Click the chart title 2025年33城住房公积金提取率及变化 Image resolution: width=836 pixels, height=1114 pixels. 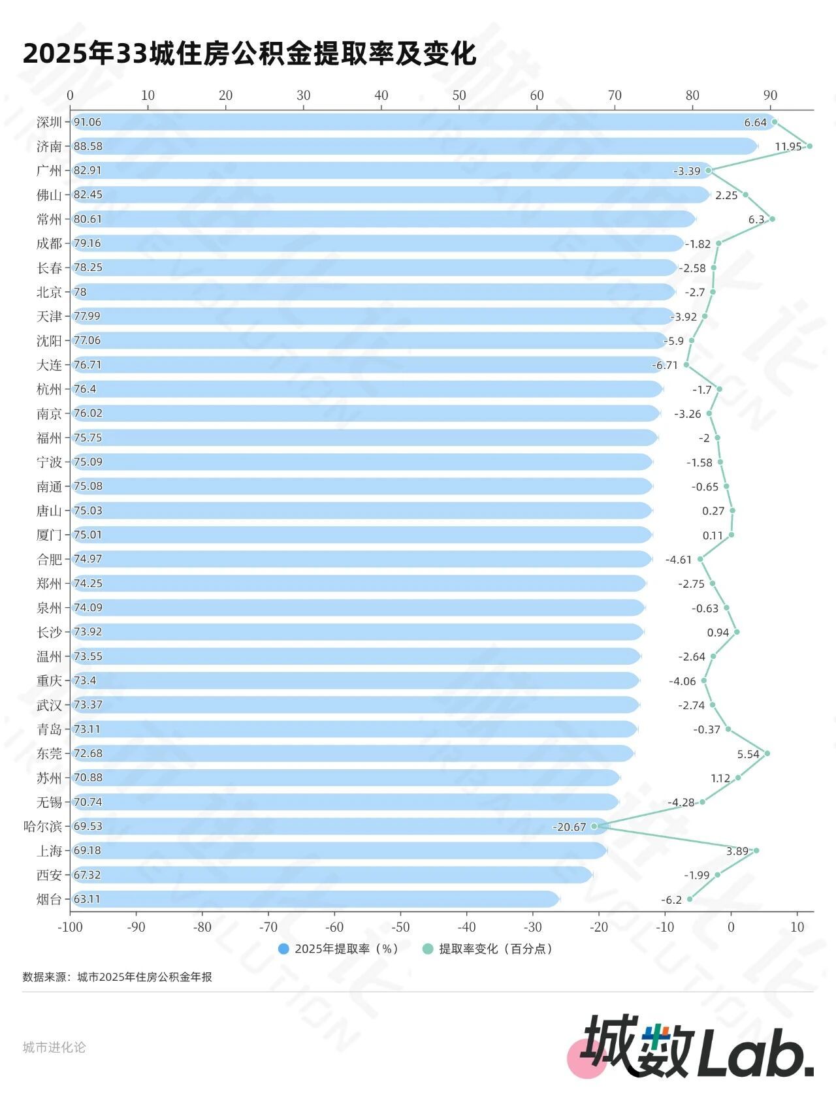[x=249, y=54]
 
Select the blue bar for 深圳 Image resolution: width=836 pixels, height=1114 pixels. [x=418, y=122]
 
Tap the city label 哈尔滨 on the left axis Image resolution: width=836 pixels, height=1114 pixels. [x=42, y=826]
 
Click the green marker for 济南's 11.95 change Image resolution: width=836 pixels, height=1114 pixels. [x=809, y=146]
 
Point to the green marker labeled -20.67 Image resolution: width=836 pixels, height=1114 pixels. [x=594, y=826]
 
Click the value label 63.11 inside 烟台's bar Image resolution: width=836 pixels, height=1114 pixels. [x=87, y=899]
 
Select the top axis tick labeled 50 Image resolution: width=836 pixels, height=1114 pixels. [x=459, y=95]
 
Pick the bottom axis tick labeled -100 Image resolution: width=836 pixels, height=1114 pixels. [x=70, y=927]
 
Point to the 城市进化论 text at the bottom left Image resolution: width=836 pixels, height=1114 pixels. [x=54, y=1047]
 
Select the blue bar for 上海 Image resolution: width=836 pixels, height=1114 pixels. [x=340, y=850]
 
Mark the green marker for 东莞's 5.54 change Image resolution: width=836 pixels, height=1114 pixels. [x=767, y=754]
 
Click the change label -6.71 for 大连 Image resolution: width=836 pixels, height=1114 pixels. [x=665, y=365]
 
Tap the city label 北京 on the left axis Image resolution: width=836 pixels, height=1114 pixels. [x=49, y=292]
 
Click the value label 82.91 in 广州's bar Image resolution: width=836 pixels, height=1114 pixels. [x=88, y=170]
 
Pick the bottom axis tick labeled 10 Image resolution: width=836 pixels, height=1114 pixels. [x=797, y=927]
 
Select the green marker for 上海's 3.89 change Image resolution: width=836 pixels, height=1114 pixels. [x=756, y=850]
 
